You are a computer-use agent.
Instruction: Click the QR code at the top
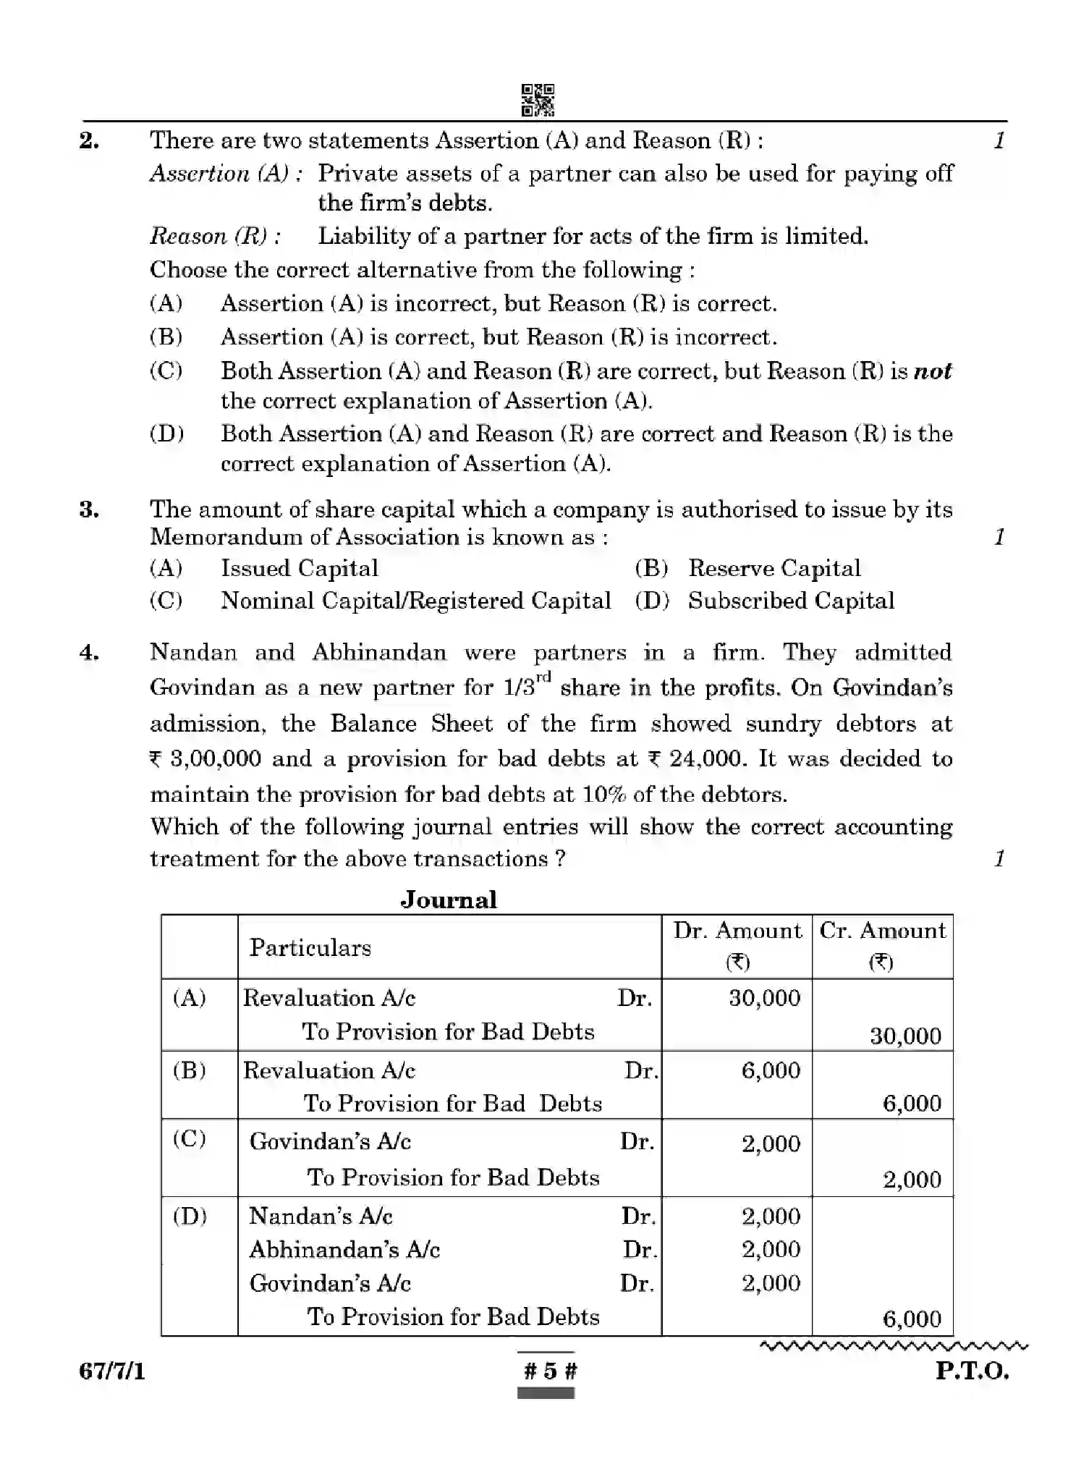pyautogui.click(x=538, y=100)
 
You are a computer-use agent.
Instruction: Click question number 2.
pyautogui.click(x=89, y=140)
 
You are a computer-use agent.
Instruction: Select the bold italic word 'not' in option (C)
pyautogui.click(x=933, y=371)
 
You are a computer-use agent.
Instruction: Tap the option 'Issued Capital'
pyautogui.click(x=299, y=568)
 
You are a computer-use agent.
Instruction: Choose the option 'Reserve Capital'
pyautogui.click(x=774, y=568)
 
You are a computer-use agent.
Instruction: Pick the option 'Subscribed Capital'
pyautogui.click(x=790, y=601)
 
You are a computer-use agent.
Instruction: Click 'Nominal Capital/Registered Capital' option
pyautogui.click(x=415, y=601)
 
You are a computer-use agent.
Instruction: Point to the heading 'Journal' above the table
pyautogui.click(x=449, y=900)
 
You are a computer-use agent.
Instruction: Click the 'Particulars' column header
pyautogui.click(x=310, y=947)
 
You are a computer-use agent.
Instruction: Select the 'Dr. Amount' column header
pyautogui.click(x=737, y=931)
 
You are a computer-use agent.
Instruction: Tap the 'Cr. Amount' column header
pyautogui.click(x=882, y=931)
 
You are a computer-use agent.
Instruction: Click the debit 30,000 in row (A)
pyautogui.click(x=764, y=998)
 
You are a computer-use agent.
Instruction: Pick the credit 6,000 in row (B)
pyautogui.click(x=912, y=1103)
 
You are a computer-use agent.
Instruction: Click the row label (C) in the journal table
pyautogui.click(x=190, y=1139)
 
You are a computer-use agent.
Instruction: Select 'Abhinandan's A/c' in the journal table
pyautogui.click(x=344, y=1250)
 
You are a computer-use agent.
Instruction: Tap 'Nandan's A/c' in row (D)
pyautogui.click(x=321, y=1216)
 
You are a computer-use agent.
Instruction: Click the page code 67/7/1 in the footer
pyautogui.click(x=112, y=1371)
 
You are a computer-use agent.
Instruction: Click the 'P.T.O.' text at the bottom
pyautogui.click(x=971, y=1371)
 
